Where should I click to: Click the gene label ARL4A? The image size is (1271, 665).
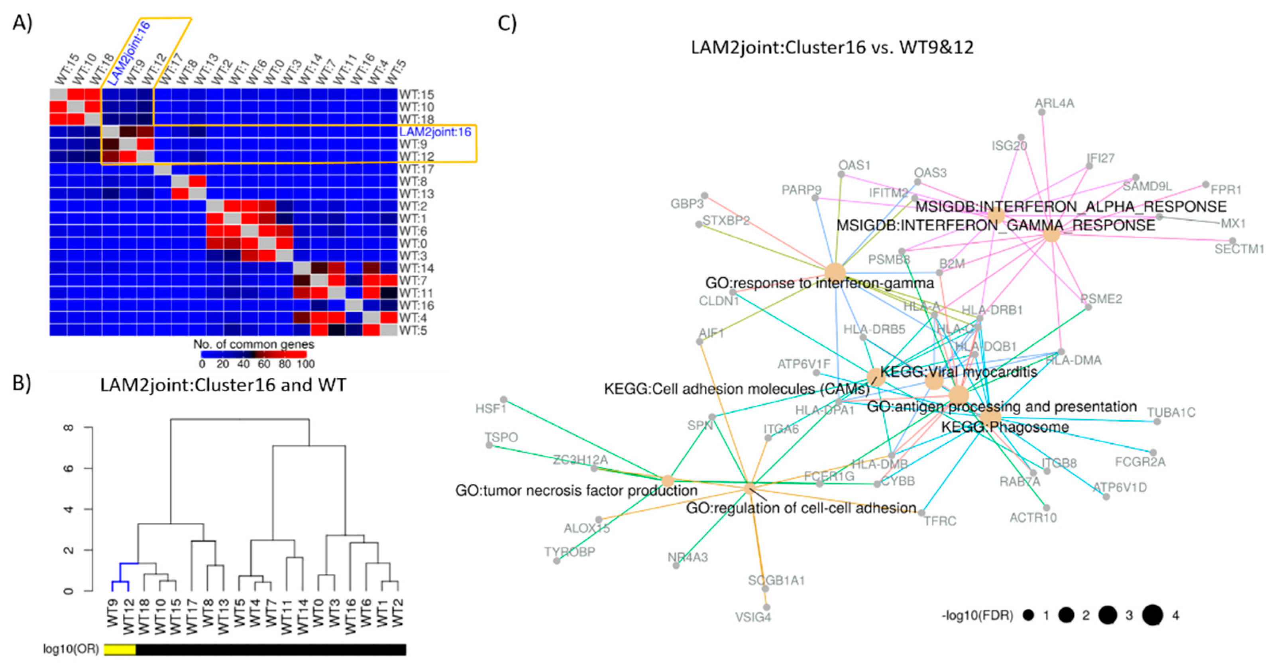1055,104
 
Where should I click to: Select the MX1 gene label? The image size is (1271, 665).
1233,224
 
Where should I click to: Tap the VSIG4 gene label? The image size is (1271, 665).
753,617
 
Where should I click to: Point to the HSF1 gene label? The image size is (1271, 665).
491,409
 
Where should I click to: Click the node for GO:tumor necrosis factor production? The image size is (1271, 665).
667,481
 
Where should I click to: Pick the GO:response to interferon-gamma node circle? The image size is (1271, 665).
835,272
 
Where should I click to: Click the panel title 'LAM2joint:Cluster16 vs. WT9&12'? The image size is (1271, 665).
832,47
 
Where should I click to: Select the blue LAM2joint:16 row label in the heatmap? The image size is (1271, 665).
435,132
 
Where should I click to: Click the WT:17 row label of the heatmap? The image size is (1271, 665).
416,169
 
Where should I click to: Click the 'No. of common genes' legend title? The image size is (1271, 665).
253,344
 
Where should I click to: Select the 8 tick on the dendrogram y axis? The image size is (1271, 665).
69,427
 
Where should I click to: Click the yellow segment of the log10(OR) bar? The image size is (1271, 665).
120,649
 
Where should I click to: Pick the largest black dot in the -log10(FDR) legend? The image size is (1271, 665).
1152,615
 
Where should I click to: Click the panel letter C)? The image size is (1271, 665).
507,23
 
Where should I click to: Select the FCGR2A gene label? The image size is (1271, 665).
1140,462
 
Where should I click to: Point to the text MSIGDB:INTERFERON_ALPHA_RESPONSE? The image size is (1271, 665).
1071,207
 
